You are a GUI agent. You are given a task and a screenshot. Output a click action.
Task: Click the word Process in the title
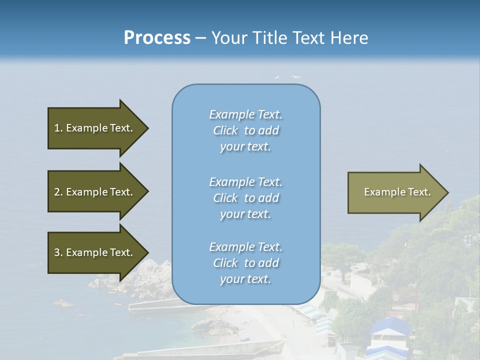tap(157, 38)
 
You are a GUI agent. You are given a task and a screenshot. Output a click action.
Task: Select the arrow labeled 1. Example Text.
tap(93, 128)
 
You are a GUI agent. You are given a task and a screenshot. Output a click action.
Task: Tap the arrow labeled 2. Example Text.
tap(93, 192)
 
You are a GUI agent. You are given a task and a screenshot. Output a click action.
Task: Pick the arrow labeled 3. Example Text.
tap(93, 252)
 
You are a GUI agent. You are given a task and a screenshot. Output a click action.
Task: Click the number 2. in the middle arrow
tap(58, 192)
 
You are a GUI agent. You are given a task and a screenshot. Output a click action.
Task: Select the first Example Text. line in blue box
tap(245, 114)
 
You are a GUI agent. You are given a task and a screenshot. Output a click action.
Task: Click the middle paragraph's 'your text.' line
tap(245, 214)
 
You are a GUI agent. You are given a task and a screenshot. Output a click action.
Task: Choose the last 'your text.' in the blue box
tap(245, 279)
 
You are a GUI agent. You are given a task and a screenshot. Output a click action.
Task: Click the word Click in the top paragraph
tap(225, 131)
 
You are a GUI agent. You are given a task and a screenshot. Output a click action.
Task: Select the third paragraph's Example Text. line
tap(245, 247)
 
